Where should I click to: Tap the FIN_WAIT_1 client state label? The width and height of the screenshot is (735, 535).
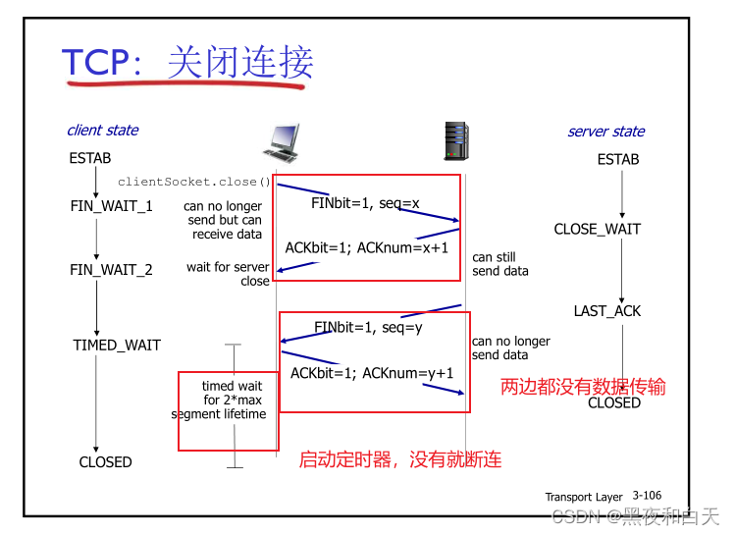(x=111, y=206)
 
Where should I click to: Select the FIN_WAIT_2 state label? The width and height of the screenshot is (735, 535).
(x=111, y=269)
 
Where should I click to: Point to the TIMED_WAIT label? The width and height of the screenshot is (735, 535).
(x=117, y=345)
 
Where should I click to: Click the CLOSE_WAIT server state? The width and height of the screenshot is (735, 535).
(x=597, y=229)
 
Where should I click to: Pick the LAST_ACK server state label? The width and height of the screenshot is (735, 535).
(x=606, y=310)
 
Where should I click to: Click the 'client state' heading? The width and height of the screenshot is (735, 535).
(x=102, y=130)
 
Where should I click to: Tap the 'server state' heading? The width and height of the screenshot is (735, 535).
(x=605, y=131)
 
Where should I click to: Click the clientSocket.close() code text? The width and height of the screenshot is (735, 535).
(x=193, y=182)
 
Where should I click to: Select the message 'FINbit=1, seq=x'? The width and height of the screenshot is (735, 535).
(x=365, y=203)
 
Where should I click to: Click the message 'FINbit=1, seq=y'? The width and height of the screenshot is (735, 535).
(x=368, y=327)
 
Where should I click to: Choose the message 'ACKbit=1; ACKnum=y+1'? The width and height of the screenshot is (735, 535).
(x=372, y=373)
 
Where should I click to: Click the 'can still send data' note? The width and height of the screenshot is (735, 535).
(x=500, y=264)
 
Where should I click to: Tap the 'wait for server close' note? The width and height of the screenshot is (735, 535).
(x=228, y=274)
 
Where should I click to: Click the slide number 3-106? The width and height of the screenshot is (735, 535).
(x=647, y=496)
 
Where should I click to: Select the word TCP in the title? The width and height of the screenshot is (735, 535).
(x=95, y=62)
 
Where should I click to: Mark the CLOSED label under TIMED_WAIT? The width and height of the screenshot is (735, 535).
(x=105, y=461)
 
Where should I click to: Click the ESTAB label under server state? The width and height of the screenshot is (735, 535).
(x=618, y=159)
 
